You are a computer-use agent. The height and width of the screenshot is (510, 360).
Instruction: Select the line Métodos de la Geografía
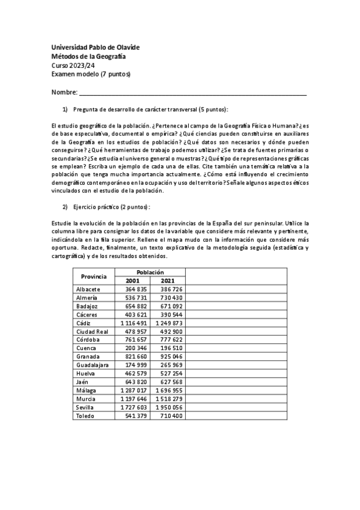pos(88,57)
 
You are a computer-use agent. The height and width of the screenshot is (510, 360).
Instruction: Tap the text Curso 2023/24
pos(73,65)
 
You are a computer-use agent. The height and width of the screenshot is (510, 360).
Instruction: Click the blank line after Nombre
pos(192,92)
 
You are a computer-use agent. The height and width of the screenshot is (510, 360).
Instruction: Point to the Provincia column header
pos(93,276)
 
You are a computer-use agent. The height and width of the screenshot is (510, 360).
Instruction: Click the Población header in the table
pos(150,272)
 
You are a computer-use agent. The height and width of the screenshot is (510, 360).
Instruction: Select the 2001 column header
pos(133,280)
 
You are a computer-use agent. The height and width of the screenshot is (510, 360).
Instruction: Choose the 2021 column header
pos(168,280)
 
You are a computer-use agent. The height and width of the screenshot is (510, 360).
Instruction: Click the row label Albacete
pos(88,289)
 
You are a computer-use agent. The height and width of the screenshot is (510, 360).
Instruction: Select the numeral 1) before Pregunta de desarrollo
pos(66,109)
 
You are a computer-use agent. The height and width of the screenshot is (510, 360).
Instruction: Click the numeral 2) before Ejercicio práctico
pos(66,207)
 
